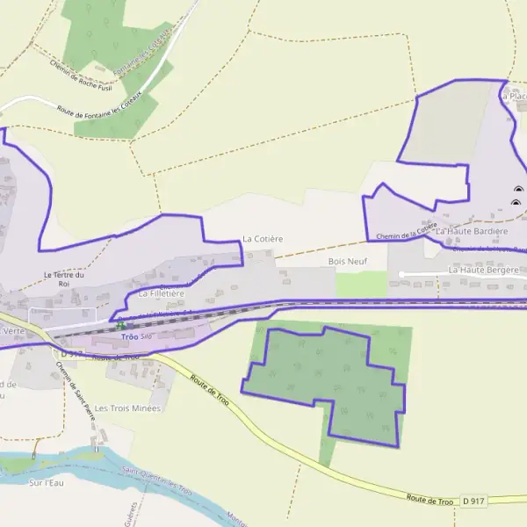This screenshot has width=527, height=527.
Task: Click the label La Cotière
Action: coord(263,239)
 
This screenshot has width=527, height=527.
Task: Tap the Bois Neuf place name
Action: coord(347,262)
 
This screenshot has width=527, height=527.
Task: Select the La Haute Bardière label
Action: coord(472,232)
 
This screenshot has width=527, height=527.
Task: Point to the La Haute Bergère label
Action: coord(484,270)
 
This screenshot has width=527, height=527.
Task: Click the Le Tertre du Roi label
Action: coord(63,279)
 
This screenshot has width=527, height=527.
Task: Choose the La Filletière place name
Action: coord(160,293)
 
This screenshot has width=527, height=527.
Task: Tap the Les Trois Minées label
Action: coord(127,408)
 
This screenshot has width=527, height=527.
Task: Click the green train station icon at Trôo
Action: coord(121,326)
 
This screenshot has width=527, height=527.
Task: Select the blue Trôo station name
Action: coord(129,337)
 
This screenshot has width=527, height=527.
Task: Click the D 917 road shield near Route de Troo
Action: coord(473,501)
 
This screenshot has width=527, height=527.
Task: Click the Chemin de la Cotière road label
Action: coord(406,231)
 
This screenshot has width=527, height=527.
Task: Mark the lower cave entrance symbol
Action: coord(516,204)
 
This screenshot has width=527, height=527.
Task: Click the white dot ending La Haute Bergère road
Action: coord(401,275)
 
